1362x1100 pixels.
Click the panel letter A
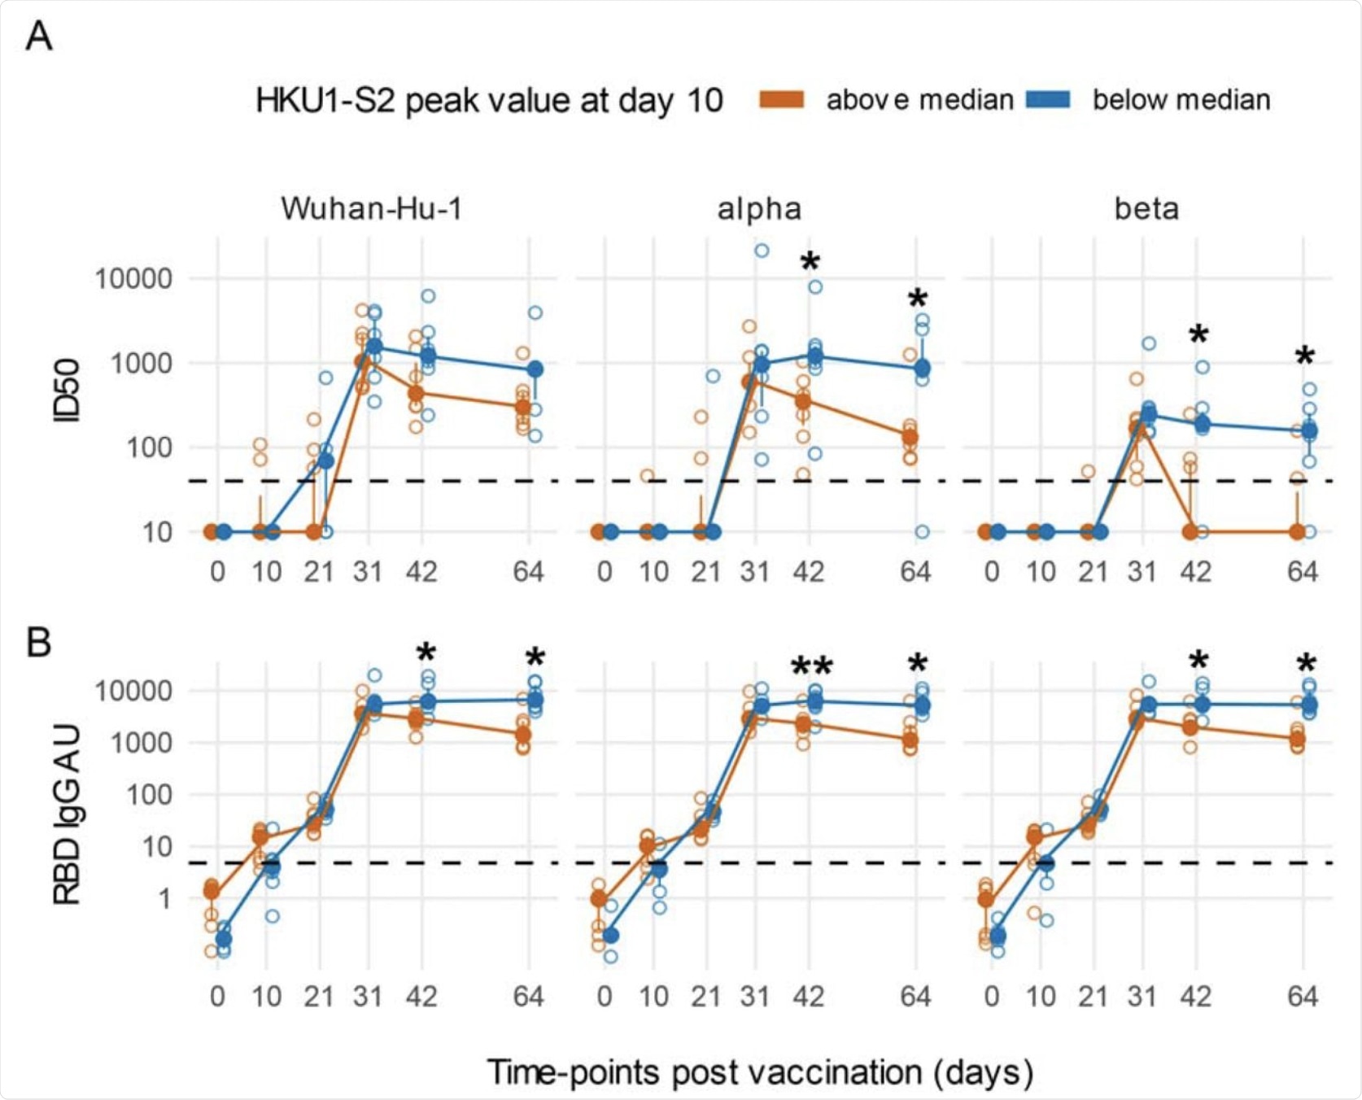pyautogui.click(x=39, y=37)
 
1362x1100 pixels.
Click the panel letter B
pyautogui.click(x=39, y=643)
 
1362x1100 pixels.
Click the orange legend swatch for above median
pyautogui.click(x=782, y=100)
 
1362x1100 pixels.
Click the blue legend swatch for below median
pyautogui.click(x=1048, y=100)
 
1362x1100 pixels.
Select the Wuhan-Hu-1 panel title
pyautogui.click(x=372, y=209)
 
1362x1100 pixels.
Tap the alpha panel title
pyautogui.click(x=759, y=209)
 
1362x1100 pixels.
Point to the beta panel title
pyautogui.click(x=1146, y=209)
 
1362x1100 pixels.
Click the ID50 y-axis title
pyautogui.click(x=67, y=391)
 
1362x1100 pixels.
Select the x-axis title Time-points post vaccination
pyautogui.click(x=760, y=1072)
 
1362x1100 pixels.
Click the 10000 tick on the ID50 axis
pyautogui.click(x=134, y=279)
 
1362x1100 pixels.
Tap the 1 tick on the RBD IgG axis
pyautogui.click(x=165, y=899)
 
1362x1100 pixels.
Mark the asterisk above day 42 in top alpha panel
pyautogui.click(x=810, y=263)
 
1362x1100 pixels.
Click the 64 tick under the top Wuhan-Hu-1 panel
pyautogui.click(x=528, y=572)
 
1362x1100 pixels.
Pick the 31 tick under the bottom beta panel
pyautogui.click(x=1142, y=997)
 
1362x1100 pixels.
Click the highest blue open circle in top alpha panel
pyautogui.click(x=762, y=251)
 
